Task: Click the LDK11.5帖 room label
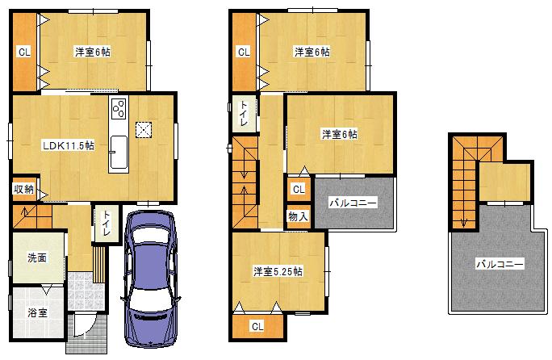tap(69, 145)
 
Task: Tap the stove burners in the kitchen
tap(118, 110)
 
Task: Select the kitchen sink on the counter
tap(118, 151)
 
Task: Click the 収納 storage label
tap(23, 190)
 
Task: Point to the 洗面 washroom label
tap(36, 258)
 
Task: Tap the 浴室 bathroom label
tap(36, 312)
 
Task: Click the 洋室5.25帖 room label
tap(277, 271)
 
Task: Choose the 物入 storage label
tap(297, 216)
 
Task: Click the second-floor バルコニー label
tap(352, 203)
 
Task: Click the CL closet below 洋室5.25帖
tap(257, 326)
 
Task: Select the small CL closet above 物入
tap(297, 190)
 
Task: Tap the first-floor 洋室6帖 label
tap(93, 52)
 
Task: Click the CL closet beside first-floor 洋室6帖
tap(24, 52)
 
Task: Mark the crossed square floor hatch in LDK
tap(144, 129)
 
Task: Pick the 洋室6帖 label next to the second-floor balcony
tap(339, 134)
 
